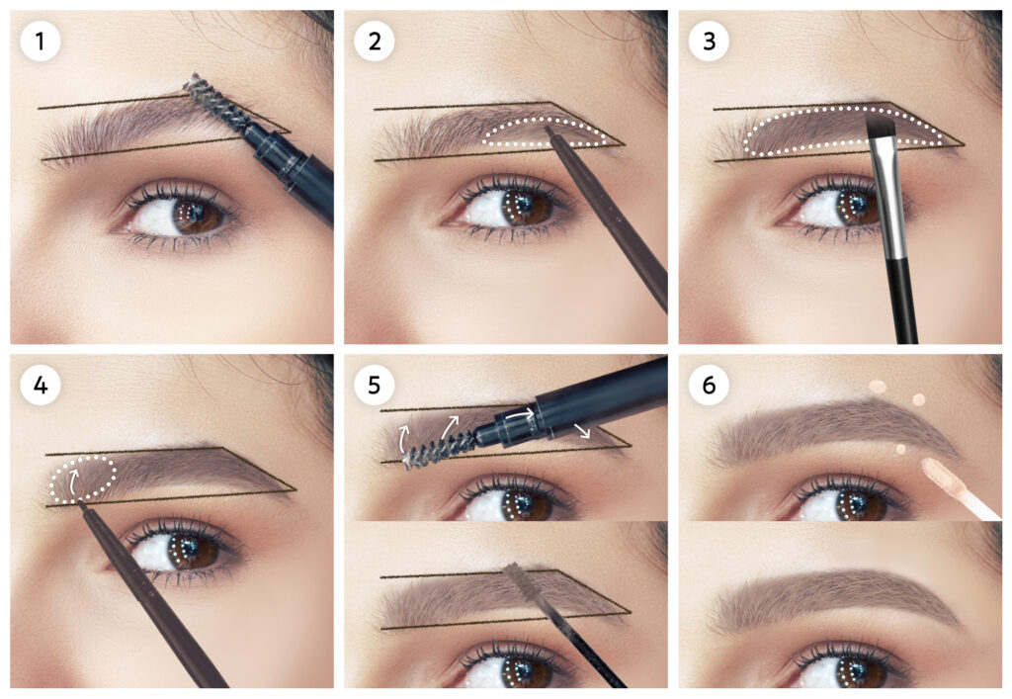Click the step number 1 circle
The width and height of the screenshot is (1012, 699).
[40, 42]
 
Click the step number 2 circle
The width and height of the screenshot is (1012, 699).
[375, 42]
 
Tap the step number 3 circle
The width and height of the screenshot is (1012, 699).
[709, 42]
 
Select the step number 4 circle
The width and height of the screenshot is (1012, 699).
[40, 386]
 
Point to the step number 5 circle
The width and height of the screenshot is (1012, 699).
[375, 386]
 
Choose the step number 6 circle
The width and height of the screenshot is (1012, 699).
[709, 386]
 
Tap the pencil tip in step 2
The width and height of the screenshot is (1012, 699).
[549, 130]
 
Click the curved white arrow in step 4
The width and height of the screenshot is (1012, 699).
[73, 481]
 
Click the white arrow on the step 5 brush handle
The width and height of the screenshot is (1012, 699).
[520, 414]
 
